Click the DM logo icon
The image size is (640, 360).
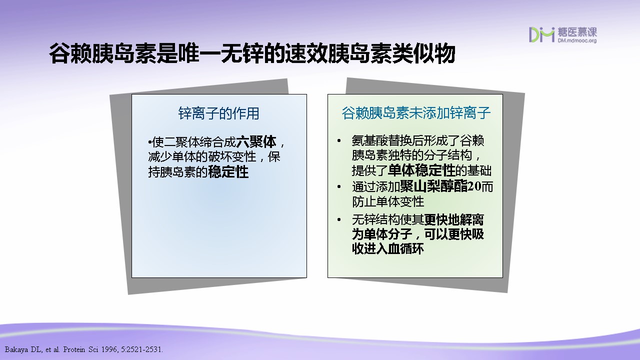coord(541,35)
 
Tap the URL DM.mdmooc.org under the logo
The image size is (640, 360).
coord(577,40)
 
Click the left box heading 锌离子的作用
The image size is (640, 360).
coord(218,113)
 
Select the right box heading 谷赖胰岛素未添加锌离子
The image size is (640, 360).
coord(416,113)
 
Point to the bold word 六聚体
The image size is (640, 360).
coord(256,141)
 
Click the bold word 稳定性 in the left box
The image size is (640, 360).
coord(228,172)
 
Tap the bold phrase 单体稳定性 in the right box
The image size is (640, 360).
coord(421,170)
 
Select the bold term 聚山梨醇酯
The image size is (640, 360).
coord(433,186)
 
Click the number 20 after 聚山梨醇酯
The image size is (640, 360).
coord(474,186)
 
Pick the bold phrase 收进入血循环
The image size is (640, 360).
coord(387,249)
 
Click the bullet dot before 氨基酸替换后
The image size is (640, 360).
coord(339,141)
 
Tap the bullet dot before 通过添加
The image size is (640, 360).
coord(339,187)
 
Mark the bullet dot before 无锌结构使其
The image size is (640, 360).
coord(339,219)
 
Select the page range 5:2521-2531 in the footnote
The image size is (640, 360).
coord(142,349)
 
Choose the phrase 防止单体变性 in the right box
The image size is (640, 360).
coord(388,201)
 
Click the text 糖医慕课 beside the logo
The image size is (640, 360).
coord(577,32)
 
